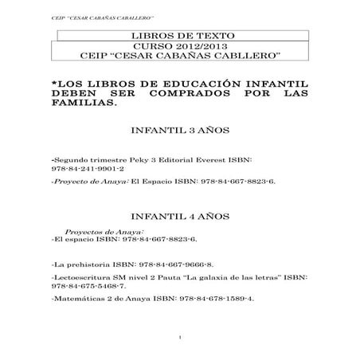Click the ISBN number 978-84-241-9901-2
tap(87, 169)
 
